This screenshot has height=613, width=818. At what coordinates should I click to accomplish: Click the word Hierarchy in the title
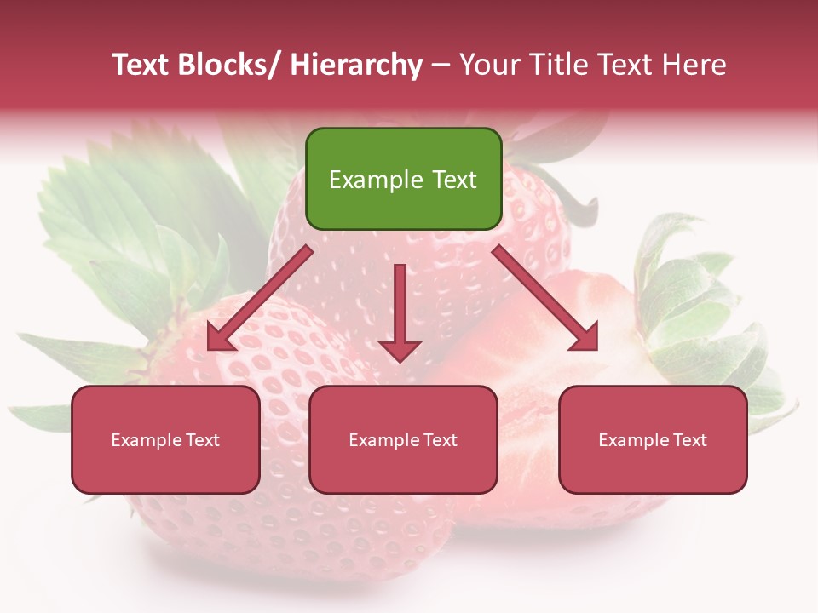(x=356, y=65)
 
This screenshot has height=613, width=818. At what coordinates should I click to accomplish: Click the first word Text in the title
(x=143, y=65)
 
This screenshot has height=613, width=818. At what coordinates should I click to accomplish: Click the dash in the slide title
(x=441, y=66)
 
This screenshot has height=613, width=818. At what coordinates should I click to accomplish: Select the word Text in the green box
(x=453, y=180)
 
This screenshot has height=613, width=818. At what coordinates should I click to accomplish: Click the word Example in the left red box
(x=147, y=440)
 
